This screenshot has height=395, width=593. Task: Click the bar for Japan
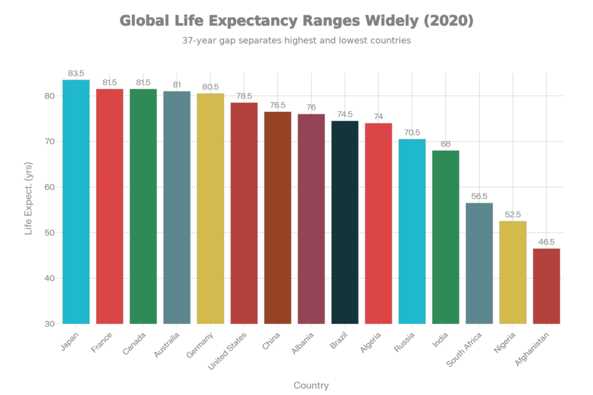pyautogui.click(x=76, y=201)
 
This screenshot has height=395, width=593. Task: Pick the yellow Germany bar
pyautogui.click(x=210, y=209)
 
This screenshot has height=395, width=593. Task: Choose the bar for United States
pyautogui.click(x=244, y=213)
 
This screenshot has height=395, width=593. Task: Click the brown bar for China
pyautogui.click(x=277, y=218)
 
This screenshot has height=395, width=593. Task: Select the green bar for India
pyautogui.click(x=445, y=237)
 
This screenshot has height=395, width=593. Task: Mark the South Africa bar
pyautogui.click(x=479, y=263)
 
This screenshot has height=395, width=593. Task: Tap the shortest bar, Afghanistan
pyautogui.click(x=546, y=286)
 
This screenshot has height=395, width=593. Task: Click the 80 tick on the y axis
pyautogui.click(x=49, y=96)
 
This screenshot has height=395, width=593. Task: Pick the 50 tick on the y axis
pyautogui.click(x=49, y=233)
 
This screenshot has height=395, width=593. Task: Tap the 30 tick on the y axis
pyautogui.click(x=49, y=324)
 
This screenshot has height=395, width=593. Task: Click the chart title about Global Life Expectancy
pyautogui.click(x=296, y=21)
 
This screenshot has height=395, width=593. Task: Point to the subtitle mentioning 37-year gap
pyautogui.click(x=296, y=41)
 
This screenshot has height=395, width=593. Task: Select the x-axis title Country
pyautogui.click(x=311, y=385)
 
